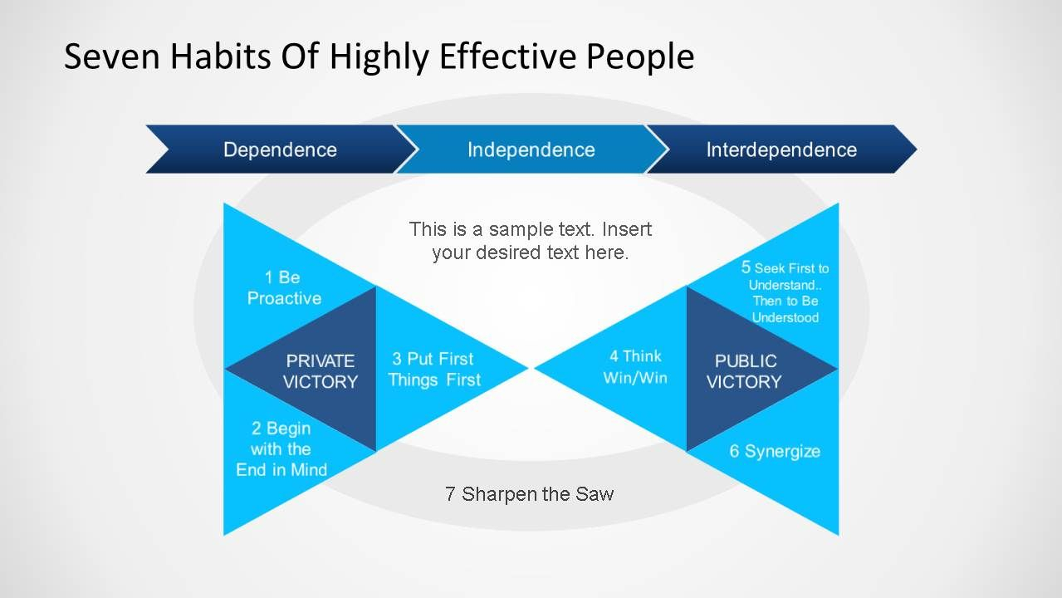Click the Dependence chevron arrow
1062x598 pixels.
coord(280,149)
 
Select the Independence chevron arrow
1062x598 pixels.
coord(531,149)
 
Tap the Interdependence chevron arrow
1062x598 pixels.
coord(782,149)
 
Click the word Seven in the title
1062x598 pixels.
coord(112,56)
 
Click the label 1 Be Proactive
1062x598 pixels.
coord(284,288)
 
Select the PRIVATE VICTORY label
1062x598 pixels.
coord(320,371)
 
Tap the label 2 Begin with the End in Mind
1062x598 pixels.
coord(281,449)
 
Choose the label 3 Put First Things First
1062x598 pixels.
coord(433,370)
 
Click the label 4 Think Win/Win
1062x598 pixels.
coord(635,367)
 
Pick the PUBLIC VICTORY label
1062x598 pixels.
coord(744,371)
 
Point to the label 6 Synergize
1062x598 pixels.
coord(775,452)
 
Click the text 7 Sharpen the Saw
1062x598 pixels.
coord(530,494)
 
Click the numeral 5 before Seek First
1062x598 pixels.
coord(746,267)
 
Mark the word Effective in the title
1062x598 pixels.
coord(508,56)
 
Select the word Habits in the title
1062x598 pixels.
coord(221,56)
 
